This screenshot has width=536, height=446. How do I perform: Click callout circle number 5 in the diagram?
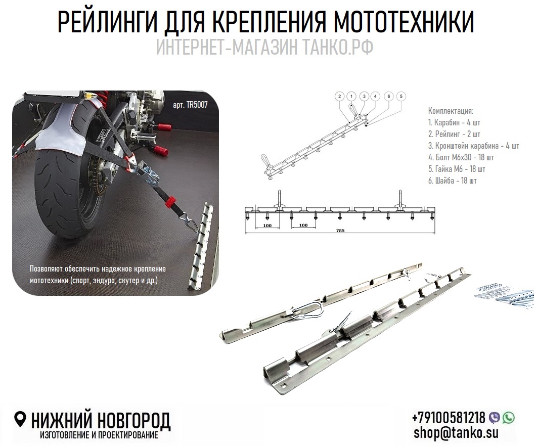[x=401, y=96]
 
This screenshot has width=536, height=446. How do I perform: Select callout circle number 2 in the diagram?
[x=340, y=96]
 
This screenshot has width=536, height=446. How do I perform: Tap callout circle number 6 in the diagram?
[x=388, y=96]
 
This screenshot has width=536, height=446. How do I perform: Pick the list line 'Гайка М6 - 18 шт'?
[x=457, y=169]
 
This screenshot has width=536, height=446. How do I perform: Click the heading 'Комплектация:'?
[x=451, y=111]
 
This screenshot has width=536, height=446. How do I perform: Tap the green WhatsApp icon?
[x=508, y=417]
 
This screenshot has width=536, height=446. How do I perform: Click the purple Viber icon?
[x=495, y=417]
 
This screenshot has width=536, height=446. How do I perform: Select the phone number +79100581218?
[x=449, y=418]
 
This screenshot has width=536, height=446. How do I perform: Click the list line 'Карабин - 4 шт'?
[x=454, y=122]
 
